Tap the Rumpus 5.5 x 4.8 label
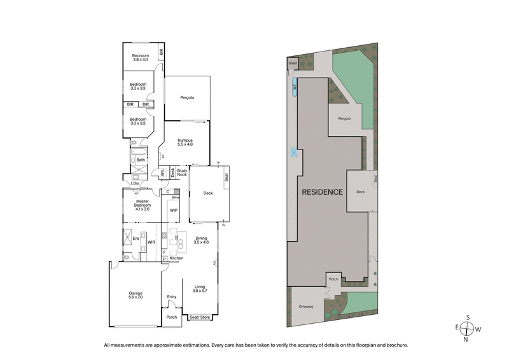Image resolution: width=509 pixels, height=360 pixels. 185,142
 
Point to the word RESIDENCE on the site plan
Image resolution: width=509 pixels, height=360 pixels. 322,191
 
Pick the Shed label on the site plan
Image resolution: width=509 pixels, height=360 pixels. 293,64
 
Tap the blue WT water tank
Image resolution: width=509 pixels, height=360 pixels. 295,86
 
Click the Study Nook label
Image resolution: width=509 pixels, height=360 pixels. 182,172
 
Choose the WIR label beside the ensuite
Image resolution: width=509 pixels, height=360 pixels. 151,242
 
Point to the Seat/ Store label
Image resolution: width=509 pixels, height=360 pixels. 199,317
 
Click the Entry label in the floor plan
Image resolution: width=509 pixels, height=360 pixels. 171,296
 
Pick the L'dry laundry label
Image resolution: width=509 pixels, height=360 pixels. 136,184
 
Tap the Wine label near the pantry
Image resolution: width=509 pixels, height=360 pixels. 176,198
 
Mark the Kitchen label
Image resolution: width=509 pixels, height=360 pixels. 176,258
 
